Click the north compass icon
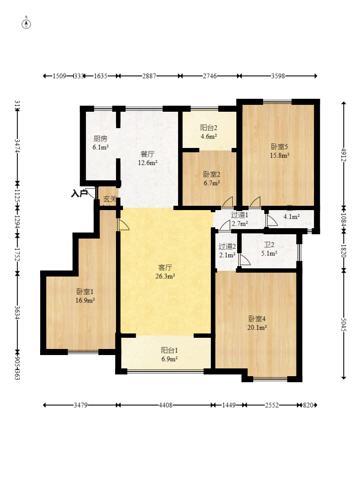point(26,23)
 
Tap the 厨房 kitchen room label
point(100,143)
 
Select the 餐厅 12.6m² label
point(147,158)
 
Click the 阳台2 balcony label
point(208,132)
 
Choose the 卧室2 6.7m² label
point(212,179)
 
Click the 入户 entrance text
point(79,194)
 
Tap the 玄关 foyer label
point(110,199)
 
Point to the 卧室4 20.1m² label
point(257,323)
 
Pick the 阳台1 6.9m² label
point(169,354)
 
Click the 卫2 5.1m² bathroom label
point(269,249)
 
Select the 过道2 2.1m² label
point(227,251)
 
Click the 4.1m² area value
point(292,217)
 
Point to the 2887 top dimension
point(149,76)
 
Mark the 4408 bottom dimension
point(166,406)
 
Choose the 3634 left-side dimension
point(17,312)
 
